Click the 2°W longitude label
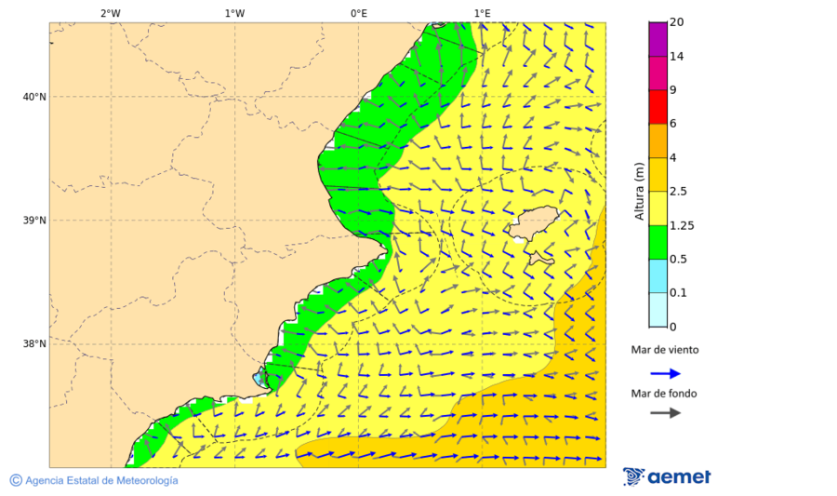[x=110, y=13]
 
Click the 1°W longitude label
[x=234, y=13]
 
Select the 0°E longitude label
[x=358, y=13]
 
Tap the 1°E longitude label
[x=482, y=13]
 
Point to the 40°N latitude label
[x=33, y=97]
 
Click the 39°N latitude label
[x=33, y=221]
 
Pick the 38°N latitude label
[x=33, y=344]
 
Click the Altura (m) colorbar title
[x=639, y=191]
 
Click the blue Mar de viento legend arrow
[x=665, y=373]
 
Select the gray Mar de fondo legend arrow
[x=665, y=413]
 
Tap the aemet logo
[x=667, y=476]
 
